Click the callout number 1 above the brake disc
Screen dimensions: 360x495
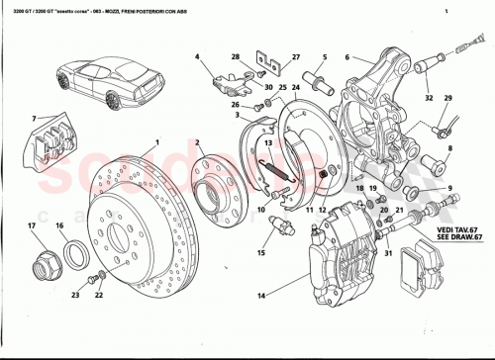coord(156,142)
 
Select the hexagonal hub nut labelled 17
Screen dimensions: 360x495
coord(46,264)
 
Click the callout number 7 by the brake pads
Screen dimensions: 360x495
coord(36,121)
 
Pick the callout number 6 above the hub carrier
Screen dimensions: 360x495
coord(346,57)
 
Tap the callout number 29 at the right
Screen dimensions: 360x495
coord(447,98)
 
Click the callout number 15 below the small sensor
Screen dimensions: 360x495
coord(262,253)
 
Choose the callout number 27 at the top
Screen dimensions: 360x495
coord(294,57)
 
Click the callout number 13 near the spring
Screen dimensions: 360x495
coord(265,142)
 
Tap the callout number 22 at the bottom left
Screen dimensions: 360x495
coord(98,295)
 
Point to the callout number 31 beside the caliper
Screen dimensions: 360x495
coord(389,253)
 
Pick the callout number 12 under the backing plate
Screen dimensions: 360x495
coord(323,211)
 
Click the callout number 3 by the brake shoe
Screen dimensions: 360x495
coord(238,115)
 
